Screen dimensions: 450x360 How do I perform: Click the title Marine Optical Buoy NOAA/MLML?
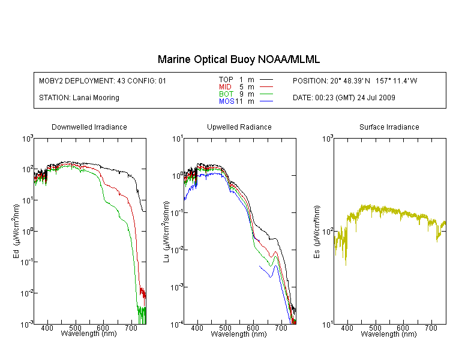[238, 59]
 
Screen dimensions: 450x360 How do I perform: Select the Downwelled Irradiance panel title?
[89, 127]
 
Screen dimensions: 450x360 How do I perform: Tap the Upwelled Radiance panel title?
[239, 127]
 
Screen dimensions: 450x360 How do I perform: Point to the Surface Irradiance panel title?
[389, 127]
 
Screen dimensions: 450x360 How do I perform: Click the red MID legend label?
[225, 86]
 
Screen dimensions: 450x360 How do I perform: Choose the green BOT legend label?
[226, 94]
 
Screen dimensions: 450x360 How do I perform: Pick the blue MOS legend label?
[227, 101]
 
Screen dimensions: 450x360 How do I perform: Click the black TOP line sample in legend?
[266, 80]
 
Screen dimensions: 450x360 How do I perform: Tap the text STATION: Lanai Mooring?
[79, 98]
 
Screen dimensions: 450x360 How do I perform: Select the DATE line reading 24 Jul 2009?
[344, 98]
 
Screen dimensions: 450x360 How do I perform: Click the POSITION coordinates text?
[355, 80]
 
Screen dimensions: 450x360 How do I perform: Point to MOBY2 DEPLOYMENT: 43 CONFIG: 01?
[103, 80]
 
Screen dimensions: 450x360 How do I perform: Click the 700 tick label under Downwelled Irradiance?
[131, 328]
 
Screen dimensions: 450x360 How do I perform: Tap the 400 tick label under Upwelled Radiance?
[197, 328]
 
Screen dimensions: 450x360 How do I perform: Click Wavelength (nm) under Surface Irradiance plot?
[389, 334]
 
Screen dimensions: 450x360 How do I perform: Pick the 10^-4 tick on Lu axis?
[177, 325]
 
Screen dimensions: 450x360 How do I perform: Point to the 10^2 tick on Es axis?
[328, 231]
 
